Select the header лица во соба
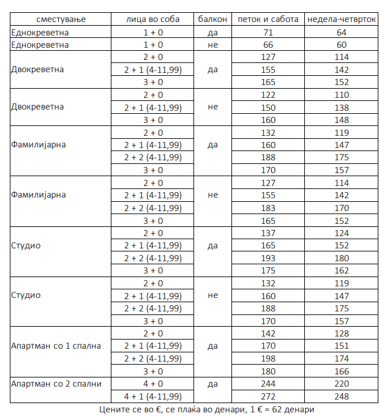(153, 19)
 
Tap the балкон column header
(213, 19)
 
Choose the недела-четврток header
(342, 19)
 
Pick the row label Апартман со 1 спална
(56, 346)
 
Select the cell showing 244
(268, 384)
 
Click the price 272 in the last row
(268, 396)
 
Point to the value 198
(268, 358)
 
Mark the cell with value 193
(268, 258)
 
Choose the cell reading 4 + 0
(153, 384)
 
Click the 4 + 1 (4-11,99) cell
(153, 396)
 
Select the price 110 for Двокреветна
(342, 95)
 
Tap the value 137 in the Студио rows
(268, 233)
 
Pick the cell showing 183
(268, 208)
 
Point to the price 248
(342, 396)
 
